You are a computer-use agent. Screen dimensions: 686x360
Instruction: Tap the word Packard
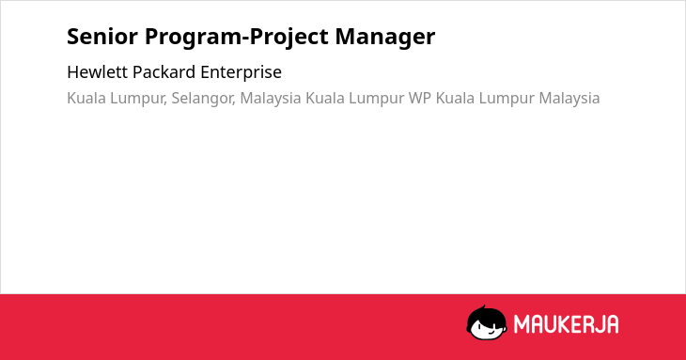[164, 72]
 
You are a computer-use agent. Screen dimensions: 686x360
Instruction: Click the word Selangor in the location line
[203, 99]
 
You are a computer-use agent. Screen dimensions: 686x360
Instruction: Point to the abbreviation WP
[420, 98]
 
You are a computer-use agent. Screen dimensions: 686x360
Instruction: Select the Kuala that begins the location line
[86, 98]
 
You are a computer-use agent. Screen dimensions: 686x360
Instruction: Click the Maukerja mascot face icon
[487, 322]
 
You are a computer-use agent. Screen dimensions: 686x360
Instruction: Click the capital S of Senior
[72, 37]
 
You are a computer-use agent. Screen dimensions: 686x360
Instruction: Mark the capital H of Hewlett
[72, 72]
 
